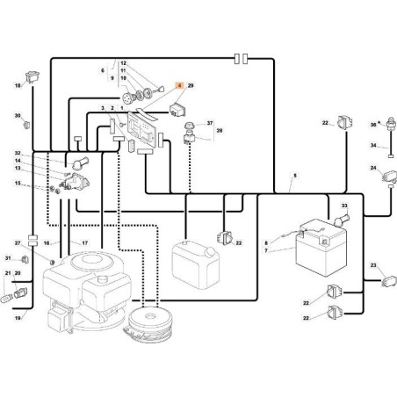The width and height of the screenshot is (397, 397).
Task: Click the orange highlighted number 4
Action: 179,86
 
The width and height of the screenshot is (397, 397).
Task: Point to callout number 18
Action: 17,86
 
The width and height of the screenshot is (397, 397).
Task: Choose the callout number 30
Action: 17,116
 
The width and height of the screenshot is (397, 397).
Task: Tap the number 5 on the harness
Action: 295,177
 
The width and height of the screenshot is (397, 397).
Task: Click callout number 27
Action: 17,242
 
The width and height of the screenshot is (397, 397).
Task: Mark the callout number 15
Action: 17,183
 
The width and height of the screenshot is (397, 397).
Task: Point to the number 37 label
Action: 210,123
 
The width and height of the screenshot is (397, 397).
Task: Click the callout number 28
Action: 220,131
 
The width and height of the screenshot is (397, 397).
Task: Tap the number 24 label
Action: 373,168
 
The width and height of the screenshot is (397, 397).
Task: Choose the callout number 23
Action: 373,264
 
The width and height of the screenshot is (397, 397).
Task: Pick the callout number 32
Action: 17,153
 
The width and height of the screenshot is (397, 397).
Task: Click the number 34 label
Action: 372,146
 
